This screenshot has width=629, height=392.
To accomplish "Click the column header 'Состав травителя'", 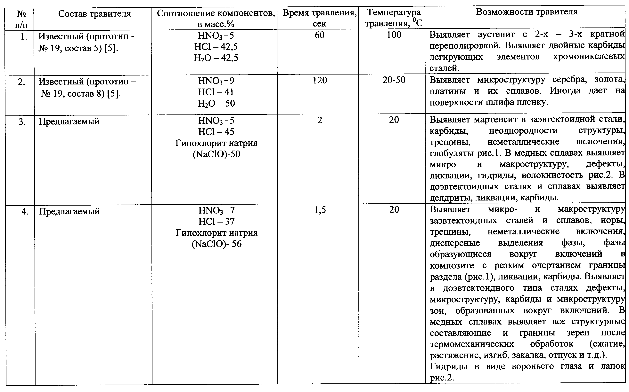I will pyautogui.click(x=94, y=14).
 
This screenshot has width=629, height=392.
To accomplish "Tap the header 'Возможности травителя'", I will pyautogui.click(x=527, y=12).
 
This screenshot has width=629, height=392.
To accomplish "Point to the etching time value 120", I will pyautogui.click(x=320, y=80).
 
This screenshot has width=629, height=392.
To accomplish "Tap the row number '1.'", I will pyautogui.click(x=24, y=36).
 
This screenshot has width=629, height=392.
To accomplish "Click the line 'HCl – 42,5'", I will pyautogui.click(x=216, y=47).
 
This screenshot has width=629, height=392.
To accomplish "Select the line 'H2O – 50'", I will pyautogui.click(x=216, y=103).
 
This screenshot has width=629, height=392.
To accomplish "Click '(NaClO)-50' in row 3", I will pyautogui.click(x=216, y=154).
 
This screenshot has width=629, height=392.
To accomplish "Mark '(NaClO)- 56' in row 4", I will pyautogui.click(x=216, y=244).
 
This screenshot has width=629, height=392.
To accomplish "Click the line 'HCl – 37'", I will pyautogui.click(x=216, y=221).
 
